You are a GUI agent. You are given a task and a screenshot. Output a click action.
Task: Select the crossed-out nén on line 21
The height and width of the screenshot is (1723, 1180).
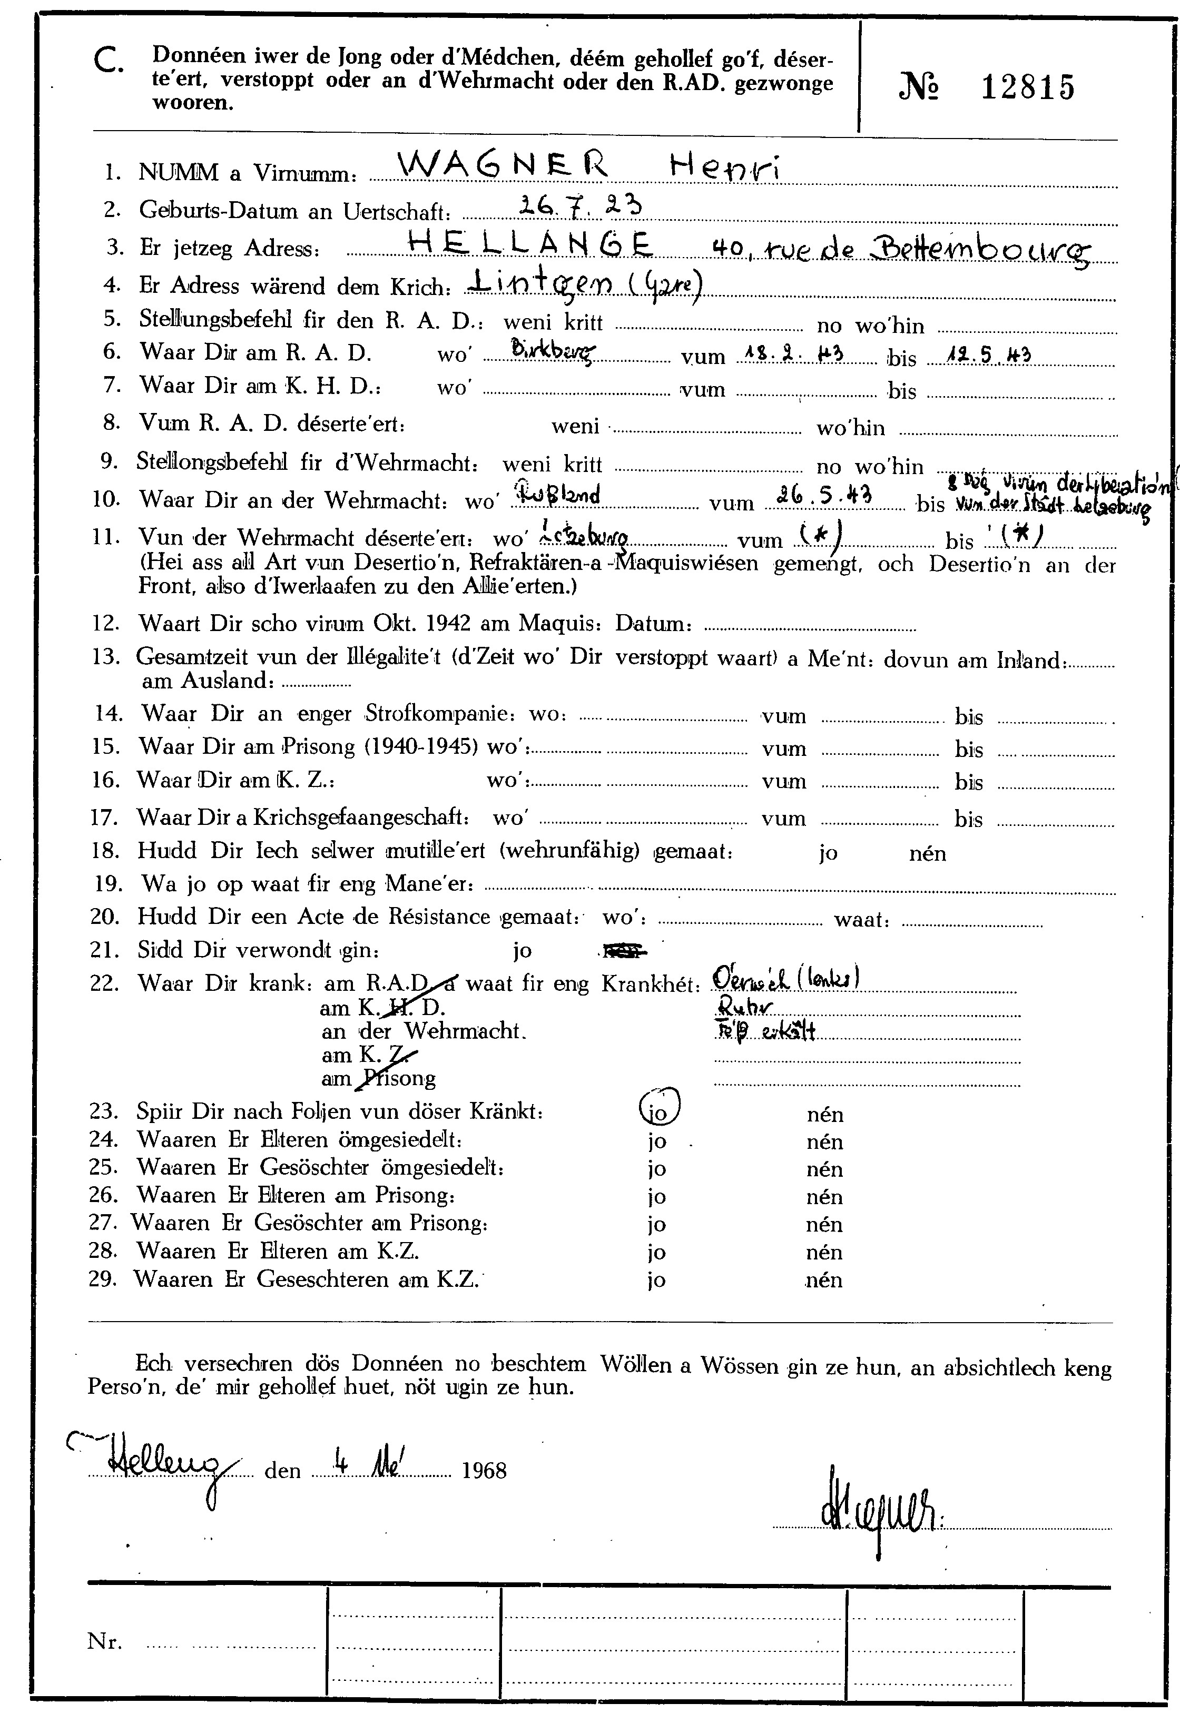click(625, 950)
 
